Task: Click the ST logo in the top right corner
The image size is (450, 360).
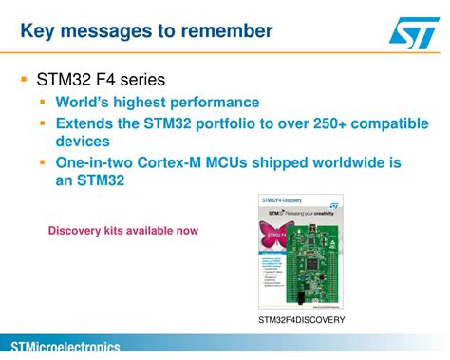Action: [413, 33]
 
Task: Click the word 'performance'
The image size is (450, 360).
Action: [209, 103]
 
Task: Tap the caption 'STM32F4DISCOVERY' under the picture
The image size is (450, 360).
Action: [301, 320]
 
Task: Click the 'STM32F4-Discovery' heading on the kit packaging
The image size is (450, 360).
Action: [282, 201]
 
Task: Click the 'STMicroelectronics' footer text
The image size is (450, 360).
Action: [65, 348]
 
